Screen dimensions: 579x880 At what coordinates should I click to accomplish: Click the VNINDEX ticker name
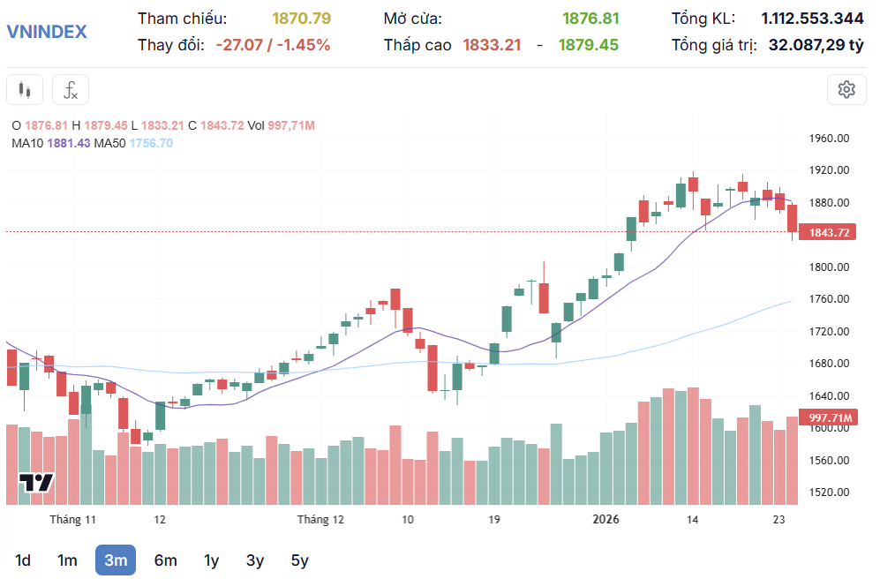[x=47, y=32]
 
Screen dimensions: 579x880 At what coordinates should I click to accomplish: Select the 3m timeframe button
[x=116, y=560]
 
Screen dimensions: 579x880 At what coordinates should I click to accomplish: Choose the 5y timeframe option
[x=299, y=560]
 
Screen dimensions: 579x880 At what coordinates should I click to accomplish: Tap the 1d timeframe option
[x=24, y=560]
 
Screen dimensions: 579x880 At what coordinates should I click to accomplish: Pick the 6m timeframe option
[x=165, y=560]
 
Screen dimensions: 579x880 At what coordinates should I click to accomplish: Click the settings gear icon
[x=846, y=89]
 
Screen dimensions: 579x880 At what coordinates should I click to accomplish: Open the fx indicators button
[x=71, y=89]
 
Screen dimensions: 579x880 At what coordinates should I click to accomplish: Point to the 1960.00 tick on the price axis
[x=829, y=139]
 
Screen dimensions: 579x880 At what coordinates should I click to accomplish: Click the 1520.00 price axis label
[x=829, y=493]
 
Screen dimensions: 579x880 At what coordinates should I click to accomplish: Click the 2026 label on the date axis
[x=605, y=519]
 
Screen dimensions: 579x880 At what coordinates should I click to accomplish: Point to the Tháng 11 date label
[x=72, y=519]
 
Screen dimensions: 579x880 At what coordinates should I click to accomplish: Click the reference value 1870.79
[x=301, y=19]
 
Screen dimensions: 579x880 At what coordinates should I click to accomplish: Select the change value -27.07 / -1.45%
[x=273, y=44]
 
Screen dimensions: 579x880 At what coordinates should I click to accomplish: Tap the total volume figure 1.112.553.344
[x=812, y=19]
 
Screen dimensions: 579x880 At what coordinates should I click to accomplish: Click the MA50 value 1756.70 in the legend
[x=151, y=143]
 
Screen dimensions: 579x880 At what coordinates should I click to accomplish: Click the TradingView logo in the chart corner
[x=37, y=483]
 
